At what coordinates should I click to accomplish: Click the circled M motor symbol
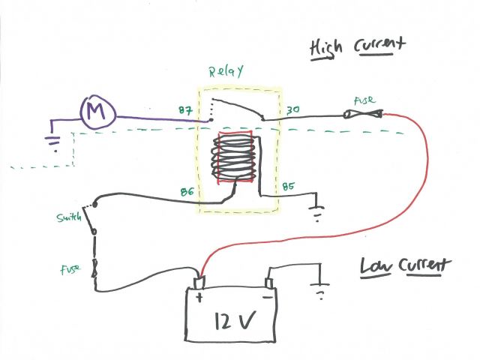coord(97,113)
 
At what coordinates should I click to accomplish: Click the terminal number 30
coord(292,111)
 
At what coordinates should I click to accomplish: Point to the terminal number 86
coord(187,193)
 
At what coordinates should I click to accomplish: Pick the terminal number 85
coord(289,187)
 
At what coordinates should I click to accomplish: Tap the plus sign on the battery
coord(199,297)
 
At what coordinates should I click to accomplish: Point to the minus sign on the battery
coord(268,297)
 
